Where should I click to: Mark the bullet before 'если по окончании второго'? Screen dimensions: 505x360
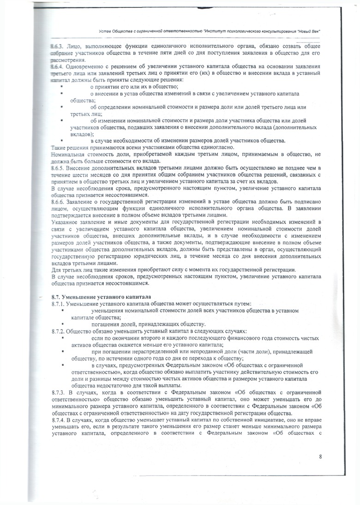pos(61,338)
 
